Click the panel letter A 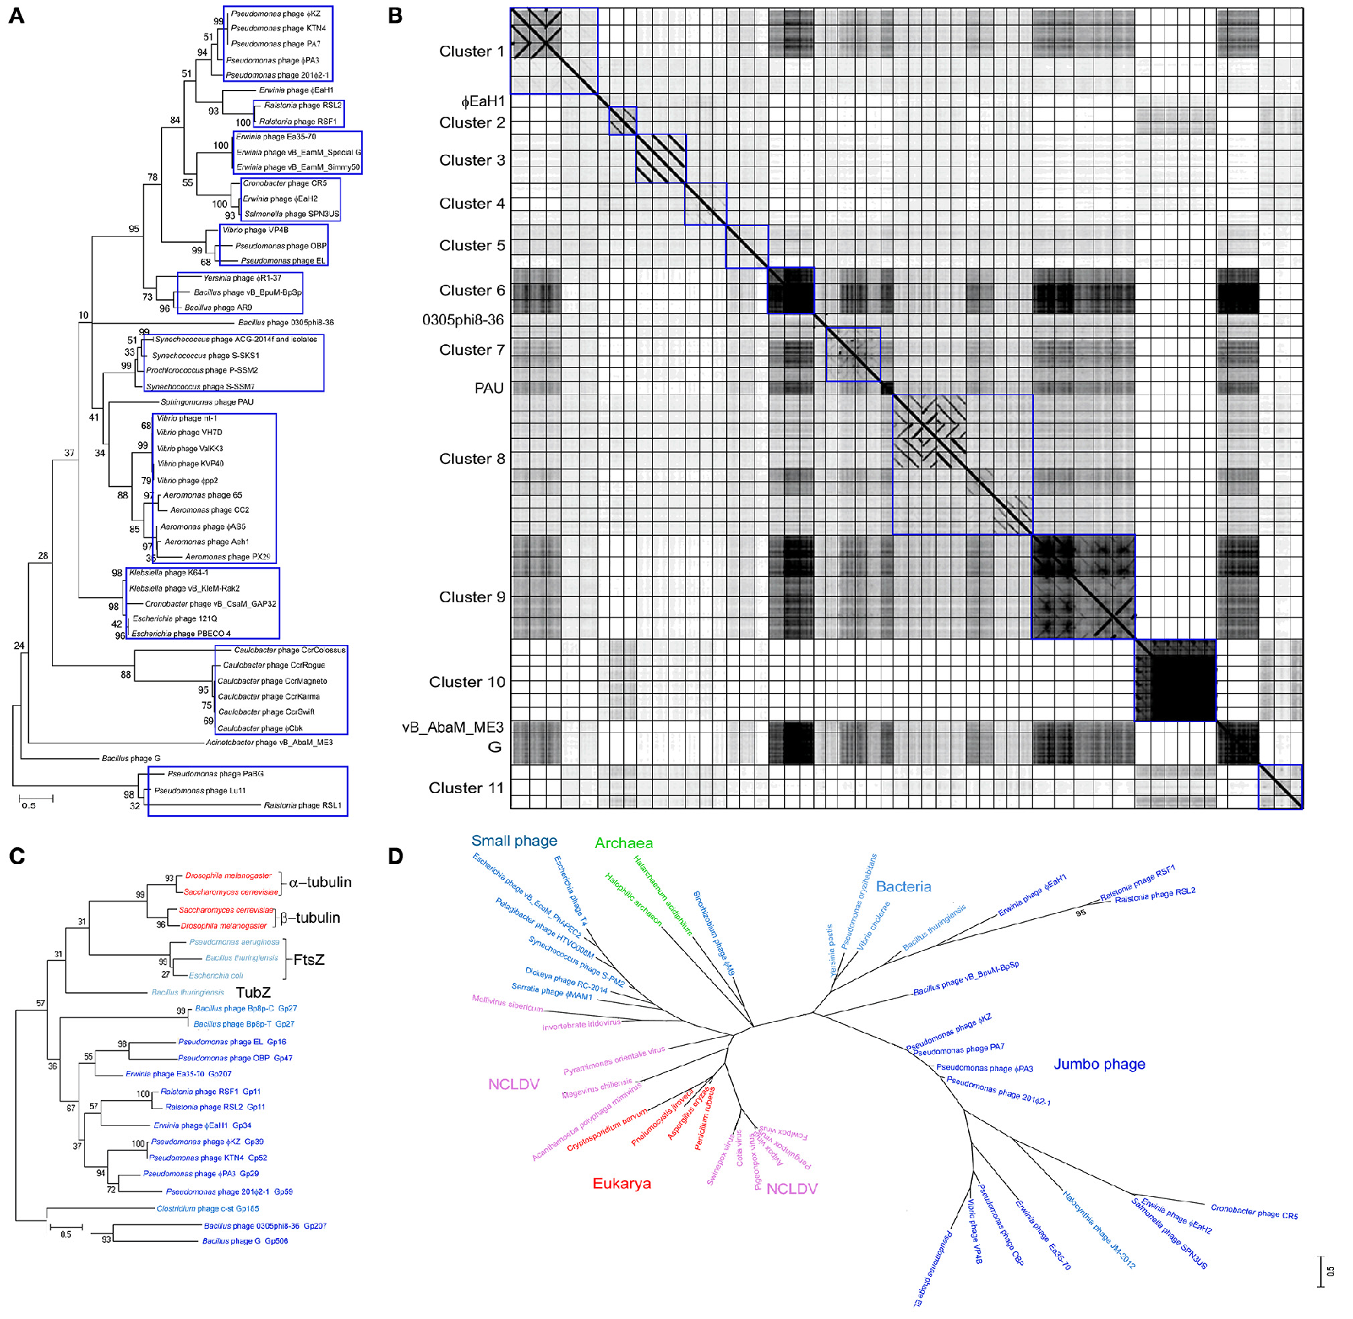pyautogui.click(x=16, y=15)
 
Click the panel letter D pyautogui.click(x=396, y=856)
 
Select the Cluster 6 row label pyautogui.click(x=471, y=291)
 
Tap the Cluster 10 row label pyautogui.click(x=467, y=682)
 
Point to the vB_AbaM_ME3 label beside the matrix pyautogui.click(x=454, y=727)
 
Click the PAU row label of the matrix pyautogui.click(x=489, y=389)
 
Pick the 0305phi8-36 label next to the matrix pyautogui.click(x=463, y=320)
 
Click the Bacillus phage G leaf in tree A pyautogui.click(x=131, y=758)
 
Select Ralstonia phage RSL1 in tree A pyautogui.click(x=302, y=805)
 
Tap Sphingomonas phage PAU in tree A pyautogui.click(x=207, y=402)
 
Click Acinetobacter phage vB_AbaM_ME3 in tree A pyautogui.click(x=269, y=742)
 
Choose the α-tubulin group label pyautogui.click(x=320, y=882)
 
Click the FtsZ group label pyautogui.click(x=309, y=959)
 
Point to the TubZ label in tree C pyautogui.click(x=253, y=992)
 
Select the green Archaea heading pyautogui.click(x=623, y=843)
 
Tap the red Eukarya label pyautogui.click(x=622, y=1184)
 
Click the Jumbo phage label pyautogui.click(x=1099, y=1064)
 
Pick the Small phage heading pyautogui.click(x=514, y=840)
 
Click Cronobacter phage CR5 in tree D pyautogui.click(x=1254, y=1211)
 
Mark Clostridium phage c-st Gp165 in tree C pyautogui.click(x=208, y=1209)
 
